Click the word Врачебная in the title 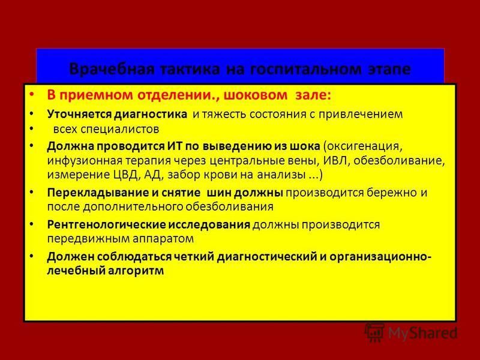(x=112, y=69)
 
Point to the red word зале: (x=313, y=95)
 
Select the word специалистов (x=120, y=129)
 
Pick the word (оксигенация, (x=363, y=146)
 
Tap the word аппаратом (x=163, y=239)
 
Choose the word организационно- (x=380, y=257)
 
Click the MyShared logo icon (x=374, y=332)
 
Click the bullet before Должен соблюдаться (x=32, y=256)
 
